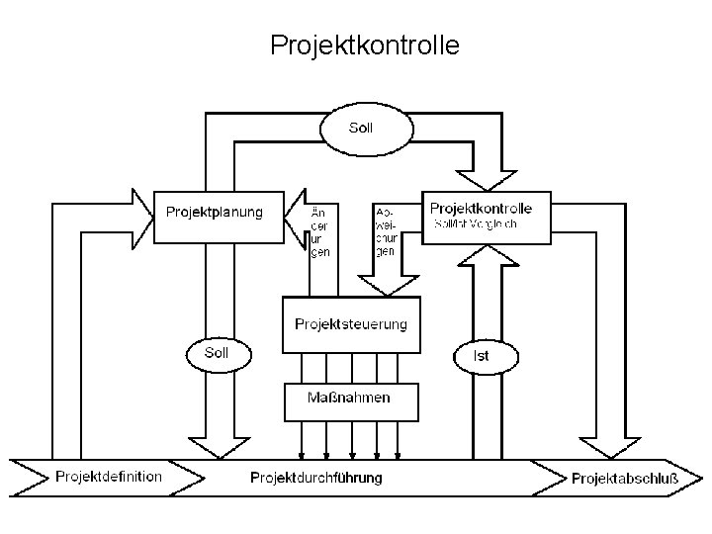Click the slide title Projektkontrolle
point(364,45)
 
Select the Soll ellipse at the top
point(360,128)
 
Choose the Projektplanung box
point(215,215)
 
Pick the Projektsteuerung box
point(350,323)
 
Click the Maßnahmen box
point(351,399)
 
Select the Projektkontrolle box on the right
point(482,217)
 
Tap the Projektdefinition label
point(109,477)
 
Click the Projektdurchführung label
point(315,479)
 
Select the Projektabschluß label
point(625,479)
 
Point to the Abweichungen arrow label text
point(386,230)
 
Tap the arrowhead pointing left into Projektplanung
point(297,213)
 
